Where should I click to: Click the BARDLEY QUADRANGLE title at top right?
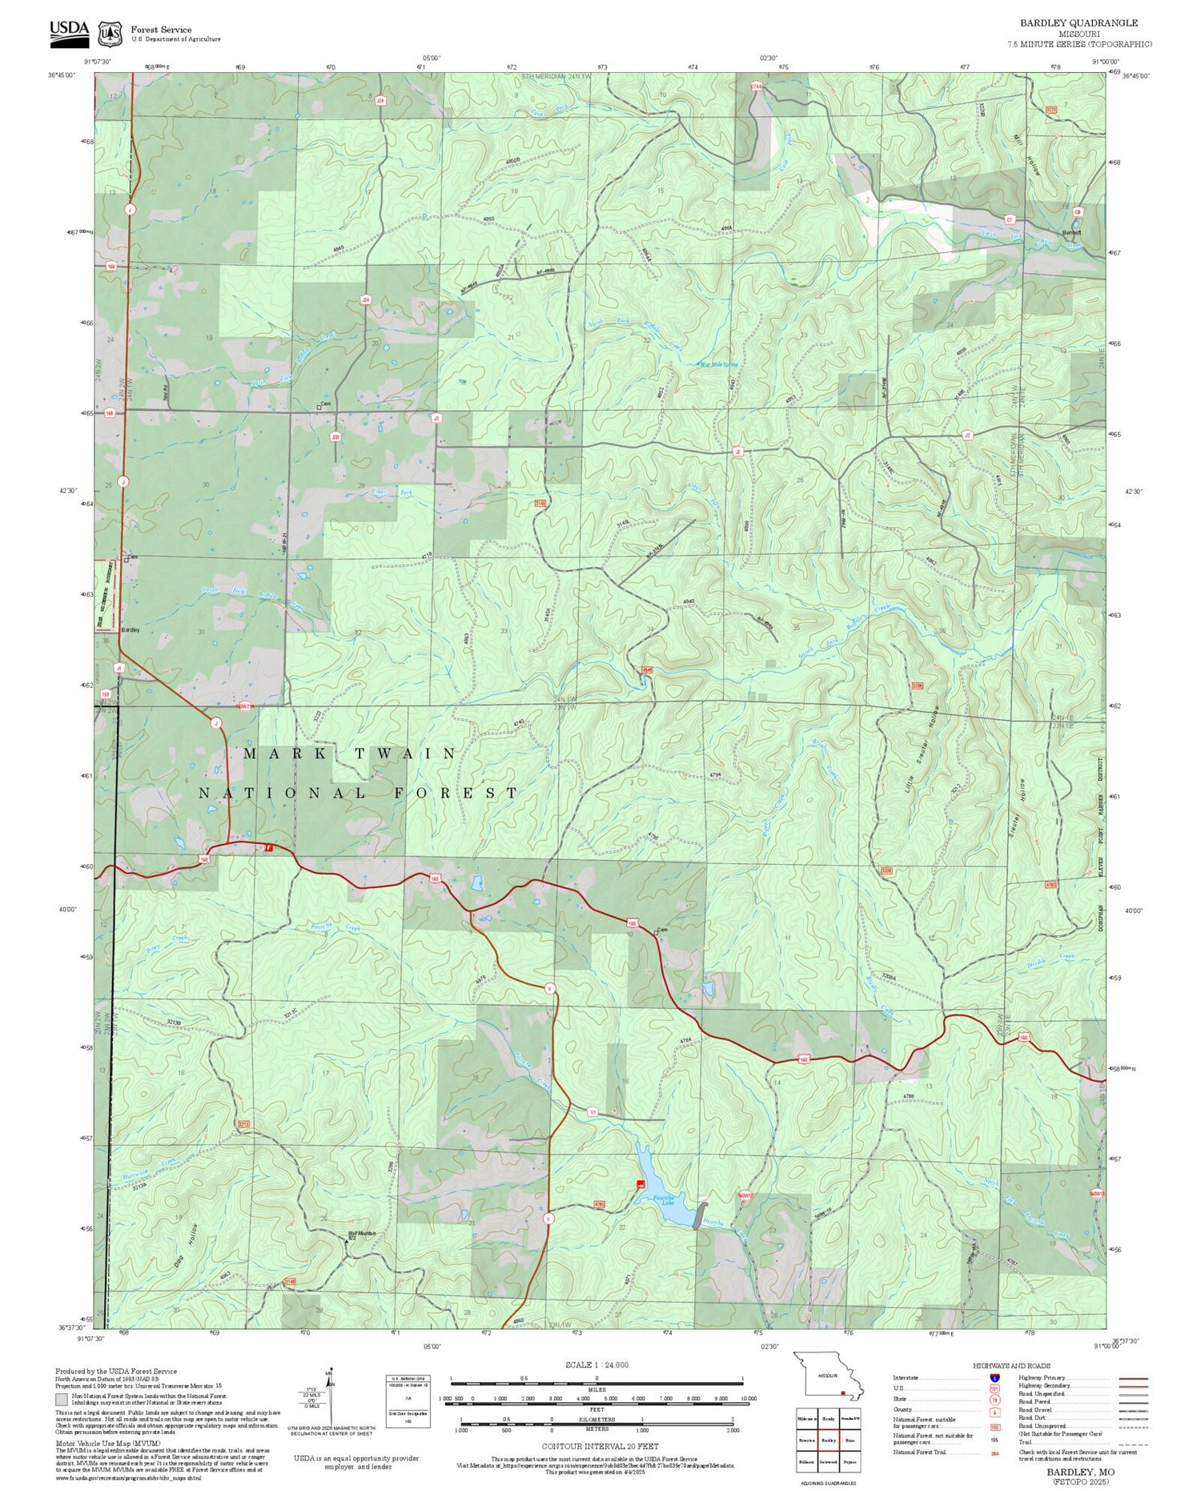pyautogui.click(x=1078, y=23)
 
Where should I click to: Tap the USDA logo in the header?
pyautogui.click(x=69, y=30)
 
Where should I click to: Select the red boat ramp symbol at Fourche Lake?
pyautogui.click(x=640, y=1184)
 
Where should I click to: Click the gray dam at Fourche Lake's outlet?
pyautogui.click(x=702, y=1215)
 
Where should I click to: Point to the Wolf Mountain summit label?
pyautogui.click(x=361, y=1234)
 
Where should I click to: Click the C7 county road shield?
pyautogui.click(x=1010, y=219)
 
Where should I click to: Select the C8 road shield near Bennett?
pyautogui.click(x=1078, y=211)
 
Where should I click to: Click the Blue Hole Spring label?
pyautogui.click(x=720, y=364)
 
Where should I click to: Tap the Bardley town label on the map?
pyautogui.click(x=131, y=630)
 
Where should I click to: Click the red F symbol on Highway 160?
pyautogui.click(x=270, y=847)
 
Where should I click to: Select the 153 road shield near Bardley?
pyautogui.click(x=105, y=693)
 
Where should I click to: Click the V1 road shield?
pyautogui.click(x=592, y=1112)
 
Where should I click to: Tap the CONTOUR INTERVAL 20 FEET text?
pyautogui.click(x=600, y=1446)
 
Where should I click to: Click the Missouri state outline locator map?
pyautogui.click(x=829, y=1376)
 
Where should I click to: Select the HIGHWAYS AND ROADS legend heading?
pyautogui.click(x=1011, y=1365)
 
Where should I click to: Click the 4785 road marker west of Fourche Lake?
pyautogui.click(x=599, y=1204)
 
